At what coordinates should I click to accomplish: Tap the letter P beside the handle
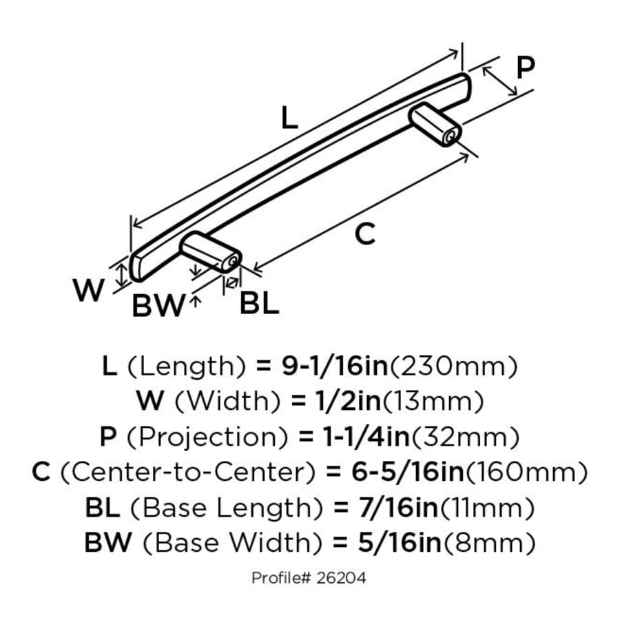[526, 68]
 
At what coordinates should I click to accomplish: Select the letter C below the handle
[364, 234]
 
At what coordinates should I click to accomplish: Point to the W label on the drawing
[89, 290]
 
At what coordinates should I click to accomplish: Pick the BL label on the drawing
[260, 304]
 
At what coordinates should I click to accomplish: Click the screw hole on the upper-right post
[450, 137]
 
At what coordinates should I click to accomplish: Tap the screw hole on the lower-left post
[233, 261]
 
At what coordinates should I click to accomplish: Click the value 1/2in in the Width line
[348, 402]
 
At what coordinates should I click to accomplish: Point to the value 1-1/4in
[366, 437]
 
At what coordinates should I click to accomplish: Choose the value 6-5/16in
[408, 472]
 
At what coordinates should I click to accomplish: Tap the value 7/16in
[399, 508]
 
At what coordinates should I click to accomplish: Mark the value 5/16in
[400, 543]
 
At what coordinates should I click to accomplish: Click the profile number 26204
[341, 578]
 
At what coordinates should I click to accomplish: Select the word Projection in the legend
[207, 437]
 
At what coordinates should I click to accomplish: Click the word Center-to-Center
[188, 472]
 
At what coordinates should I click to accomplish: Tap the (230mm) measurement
[453, 366]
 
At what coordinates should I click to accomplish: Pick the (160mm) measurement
[526, 473]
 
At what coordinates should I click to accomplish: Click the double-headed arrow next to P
[500, 81]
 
